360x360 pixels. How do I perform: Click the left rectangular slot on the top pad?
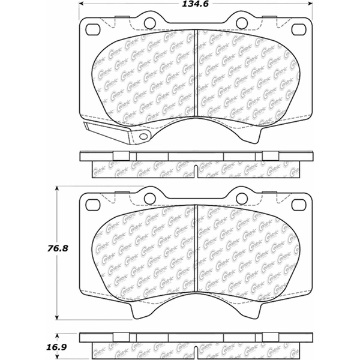(94, 28)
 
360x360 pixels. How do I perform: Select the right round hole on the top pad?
(242, 23)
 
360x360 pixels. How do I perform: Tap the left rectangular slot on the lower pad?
(94, 205)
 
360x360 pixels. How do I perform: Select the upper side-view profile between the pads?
(197, 164)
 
